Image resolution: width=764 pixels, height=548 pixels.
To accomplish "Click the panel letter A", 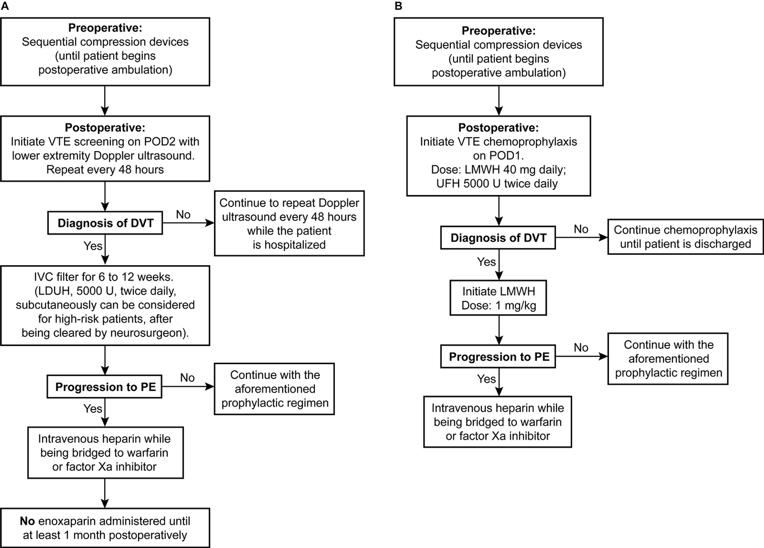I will (5, 6).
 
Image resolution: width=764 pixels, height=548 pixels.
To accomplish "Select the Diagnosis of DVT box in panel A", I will (105, 223).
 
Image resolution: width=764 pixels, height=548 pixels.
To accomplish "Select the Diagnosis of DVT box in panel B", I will (498, 238).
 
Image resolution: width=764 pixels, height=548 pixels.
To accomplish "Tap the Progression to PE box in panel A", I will (105, 386).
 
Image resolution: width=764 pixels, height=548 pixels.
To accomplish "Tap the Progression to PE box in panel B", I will (498, 356).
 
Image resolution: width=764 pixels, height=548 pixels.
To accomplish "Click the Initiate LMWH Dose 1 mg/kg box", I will (498, 298).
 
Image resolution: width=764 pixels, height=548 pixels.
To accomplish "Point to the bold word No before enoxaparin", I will (27, 521).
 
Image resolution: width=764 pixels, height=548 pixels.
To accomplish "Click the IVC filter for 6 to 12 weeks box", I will (105, 305).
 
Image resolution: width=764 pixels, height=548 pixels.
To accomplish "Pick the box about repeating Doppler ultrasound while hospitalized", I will (289, 223).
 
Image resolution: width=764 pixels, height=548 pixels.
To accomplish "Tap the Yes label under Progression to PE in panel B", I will (486, 379).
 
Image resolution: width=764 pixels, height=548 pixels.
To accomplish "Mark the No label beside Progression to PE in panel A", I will (187, 378).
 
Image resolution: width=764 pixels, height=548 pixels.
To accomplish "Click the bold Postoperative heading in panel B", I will (498, 128).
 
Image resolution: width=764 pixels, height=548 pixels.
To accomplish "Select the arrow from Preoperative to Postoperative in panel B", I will (499, 101).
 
